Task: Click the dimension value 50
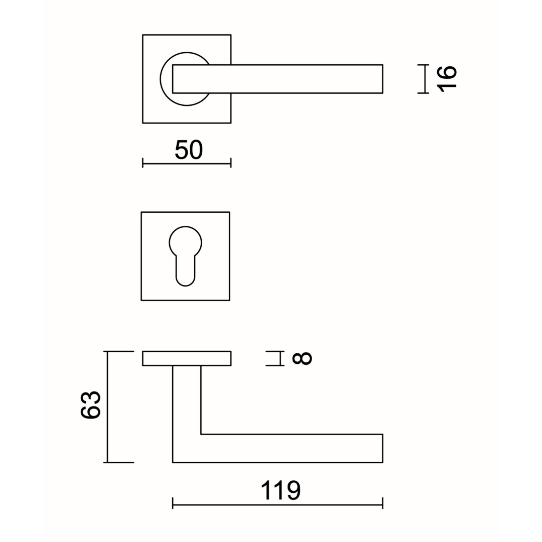(188, 150)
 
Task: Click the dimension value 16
(447, 79)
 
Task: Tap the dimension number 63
(90, 405)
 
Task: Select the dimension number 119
(281, 490)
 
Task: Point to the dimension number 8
(302, 358)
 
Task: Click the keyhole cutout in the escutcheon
(185, 256)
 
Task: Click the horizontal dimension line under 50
(187, 163)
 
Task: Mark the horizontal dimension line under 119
(278, 505)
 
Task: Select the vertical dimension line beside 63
(107, 407)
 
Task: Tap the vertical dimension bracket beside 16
(424, 79)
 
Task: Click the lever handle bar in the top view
(278, 79)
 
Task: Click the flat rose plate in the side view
(187, 358)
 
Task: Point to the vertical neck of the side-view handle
(187, 400)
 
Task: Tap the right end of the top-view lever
(382, 79)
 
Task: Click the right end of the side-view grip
(382, 448)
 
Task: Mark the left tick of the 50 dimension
(143, 163)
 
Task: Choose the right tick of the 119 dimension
(382, 503)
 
